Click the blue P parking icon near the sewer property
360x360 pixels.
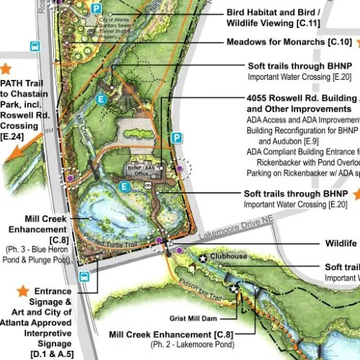[x=96, y=7]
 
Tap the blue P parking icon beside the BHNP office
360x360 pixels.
[x=176, y=138]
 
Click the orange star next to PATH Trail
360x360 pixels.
[x=6, y=69]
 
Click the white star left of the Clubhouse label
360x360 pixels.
[x=204, y=258]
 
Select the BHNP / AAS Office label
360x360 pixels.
[x=141, y=170]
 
